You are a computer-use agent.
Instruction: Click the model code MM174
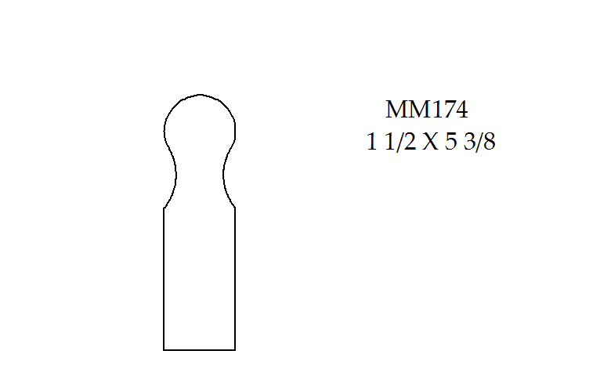tap(427, 110)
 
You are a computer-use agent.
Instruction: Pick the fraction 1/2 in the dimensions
tap(400, 142)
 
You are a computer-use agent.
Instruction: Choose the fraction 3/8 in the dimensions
tap(479, 142)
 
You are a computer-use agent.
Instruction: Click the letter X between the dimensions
tap(430, 142)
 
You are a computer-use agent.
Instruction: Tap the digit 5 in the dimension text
tap(450, 142)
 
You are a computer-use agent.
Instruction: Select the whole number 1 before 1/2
tap(372, 142)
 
